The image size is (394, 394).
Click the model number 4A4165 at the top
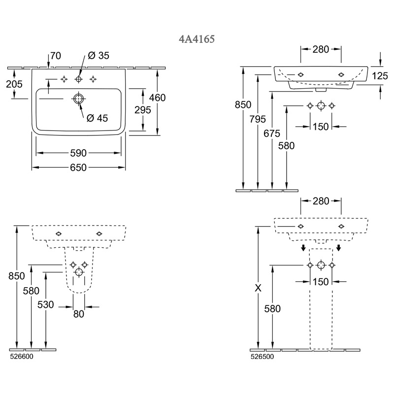click(197, 39)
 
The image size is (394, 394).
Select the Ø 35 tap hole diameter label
click(98, 56)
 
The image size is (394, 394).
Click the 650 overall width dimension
click(78, 168)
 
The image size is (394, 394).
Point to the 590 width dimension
click(78, 153)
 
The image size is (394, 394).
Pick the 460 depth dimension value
click(157, 98)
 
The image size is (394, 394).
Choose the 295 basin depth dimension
click(142, 110)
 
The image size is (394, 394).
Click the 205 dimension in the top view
click(14, 84)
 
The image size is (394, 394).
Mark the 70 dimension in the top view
click(55, 56)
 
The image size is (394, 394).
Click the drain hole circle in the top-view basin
click(78, 99)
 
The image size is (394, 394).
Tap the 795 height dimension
click(258, 119)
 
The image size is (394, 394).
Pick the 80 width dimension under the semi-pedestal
click(79, 314)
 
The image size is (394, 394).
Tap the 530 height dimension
click(46, 305)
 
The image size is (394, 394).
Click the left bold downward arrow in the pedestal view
click(304, 247)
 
